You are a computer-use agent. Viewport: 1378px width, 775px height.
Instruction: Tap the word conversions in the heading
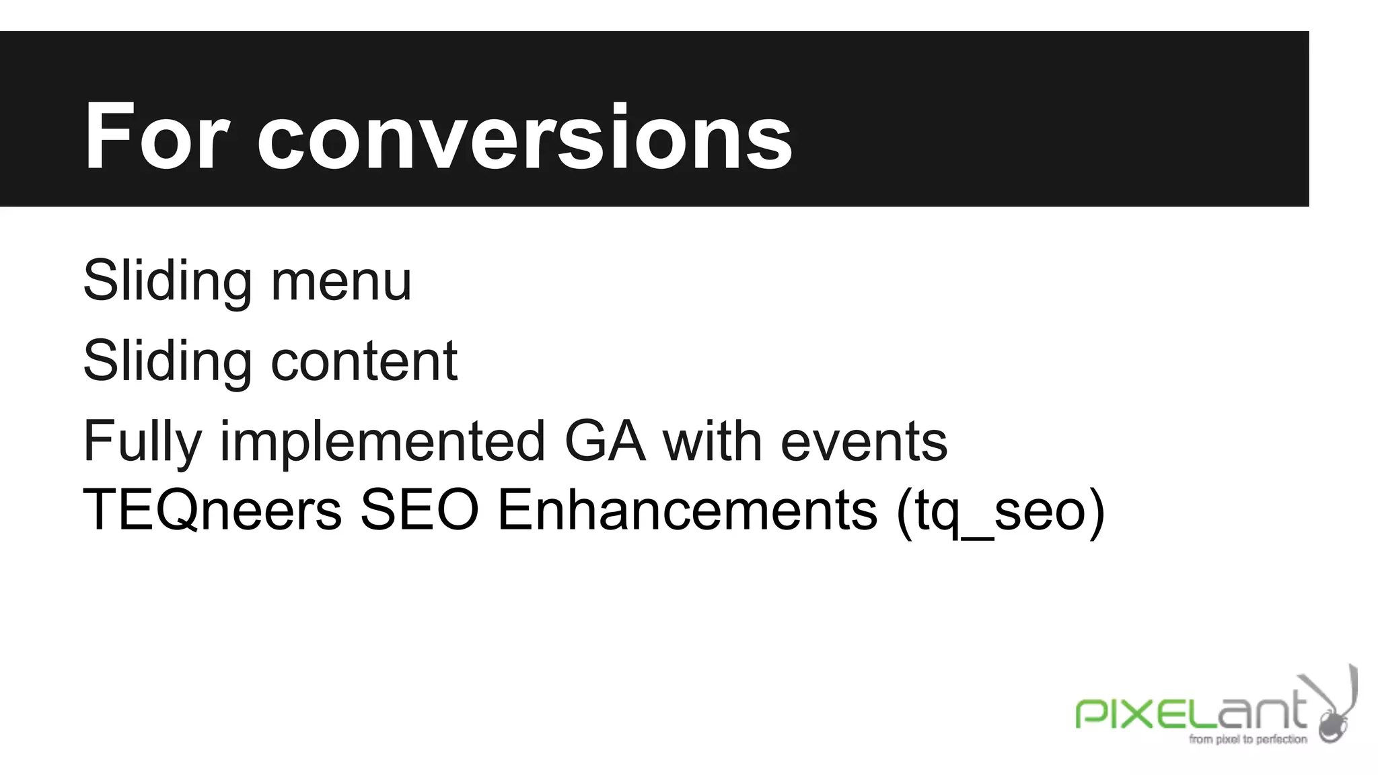coord(524,139)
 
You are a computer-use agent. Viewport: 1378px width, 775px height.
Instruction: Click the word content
coord(364,361)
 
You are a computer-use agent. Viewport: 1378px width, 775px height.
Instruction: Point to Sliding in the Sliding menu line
coord(168,281)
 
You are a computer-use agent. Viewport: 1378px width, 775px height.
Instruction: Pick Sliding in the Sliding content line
coord(168,361)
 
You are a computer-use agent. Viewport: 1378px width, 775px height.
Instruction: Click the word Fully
coord(142,442)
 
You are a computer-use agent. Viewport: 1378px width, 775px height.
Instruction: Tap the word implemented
coord(382,442)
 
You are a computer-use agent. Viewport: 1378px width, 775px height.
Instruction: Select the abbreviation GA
coord(605,442)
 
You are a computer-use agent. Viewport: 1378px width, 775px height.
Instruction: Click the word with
coord(713,442)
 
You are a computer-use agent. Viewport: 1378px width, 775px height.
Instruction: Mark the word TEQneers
coord(212,510)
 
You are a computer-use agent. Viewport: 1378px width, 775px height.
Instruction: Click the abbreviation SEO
coord(419,510)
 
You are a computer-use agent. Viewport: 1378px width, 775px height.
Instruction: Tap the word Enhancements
coord(688,510)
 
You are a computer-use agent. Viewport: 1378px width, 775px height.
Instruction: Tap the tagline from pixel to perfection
coord(1247,739)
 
